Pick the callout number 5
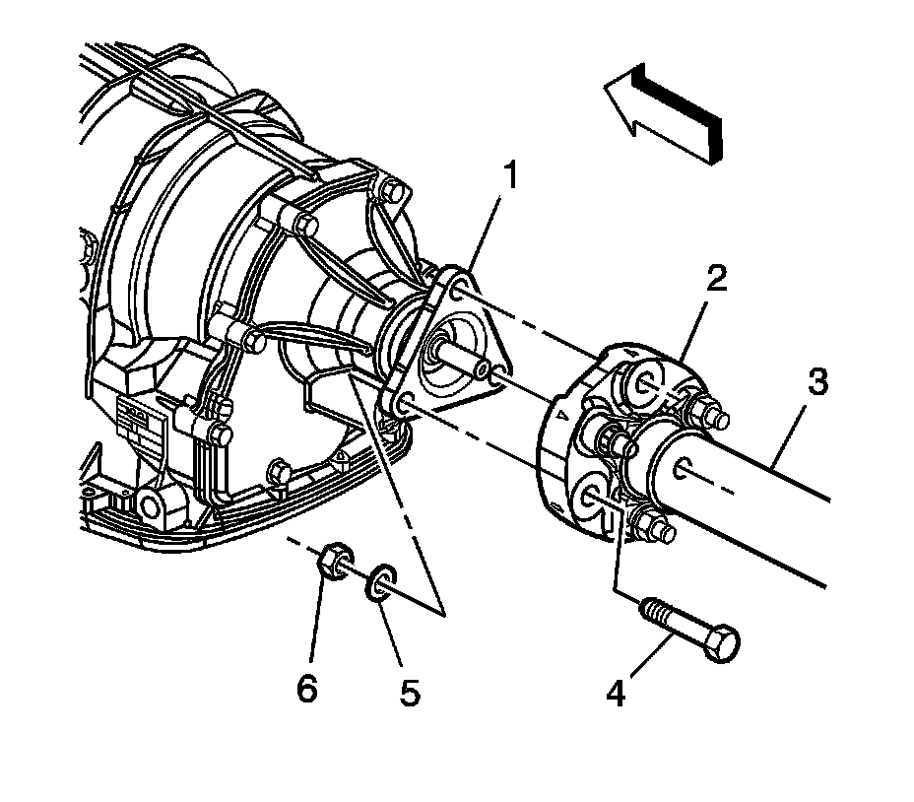[x=407, y=693]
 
